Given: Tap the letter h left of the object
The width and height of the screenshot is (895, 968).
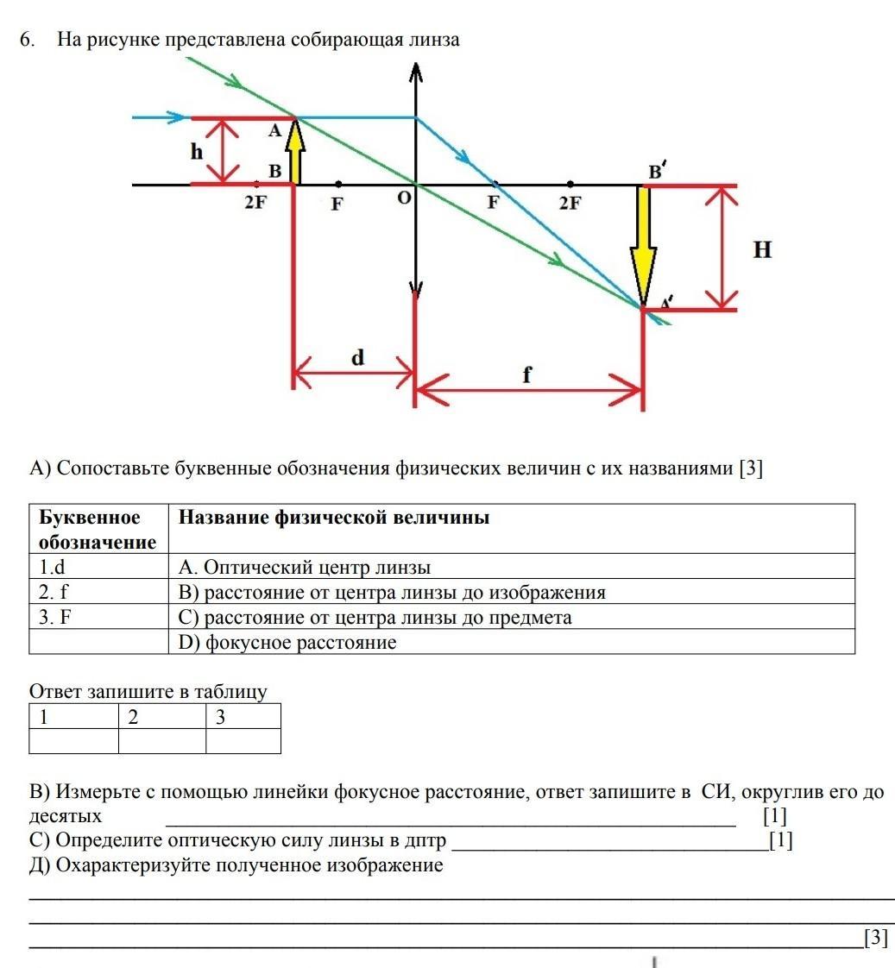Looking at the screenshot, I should click(x=198, y=153).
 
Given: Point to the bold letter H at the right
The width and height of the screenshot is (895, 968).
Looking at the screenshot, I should click(x=762, y=250).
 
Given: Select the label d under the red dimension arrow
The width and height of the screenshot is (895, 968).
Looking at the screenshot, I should click(x=357, y=357).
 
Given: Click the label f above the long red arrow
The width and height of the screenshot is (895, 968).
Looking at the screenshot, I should click(x=527, y=374).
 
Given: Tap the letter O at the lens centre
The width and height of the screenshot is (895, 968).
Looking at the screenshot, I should click(x=403, y=198).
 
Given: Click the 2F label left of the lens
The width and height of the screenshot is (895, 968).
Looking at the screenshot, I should click(x=255, y=204).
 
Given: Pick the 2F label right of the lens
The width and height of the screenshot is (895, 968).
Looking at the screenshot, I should click(x=570, y=204).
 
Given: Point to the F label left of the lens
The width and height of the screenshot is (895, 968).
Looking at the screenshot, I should click(x=337, y=205).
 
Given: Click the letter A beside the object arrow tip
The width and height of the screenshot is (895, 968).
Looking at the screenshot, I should click(x=275, y=131).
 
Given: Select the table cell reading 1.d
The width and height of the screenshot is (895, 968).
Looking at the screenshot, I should click(x=53, y=567).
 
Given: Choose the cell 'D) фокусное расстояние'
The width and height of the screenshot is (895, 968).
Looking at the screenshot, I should click(x=287, y=642).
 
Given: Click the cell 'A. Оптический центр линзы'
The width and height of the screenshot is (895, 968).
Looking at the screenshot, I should click(x=304, y=567).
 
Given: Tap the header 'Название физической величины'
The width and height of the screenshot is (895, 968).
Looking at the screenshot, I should click(x=334, y=518).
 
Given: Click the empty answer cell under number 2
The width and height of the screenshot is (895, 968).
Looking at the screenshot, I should click(x=161, y=741).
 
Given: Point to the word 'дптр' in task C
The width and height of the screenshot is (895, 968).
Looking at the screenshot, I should click(x=427, y=840).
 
